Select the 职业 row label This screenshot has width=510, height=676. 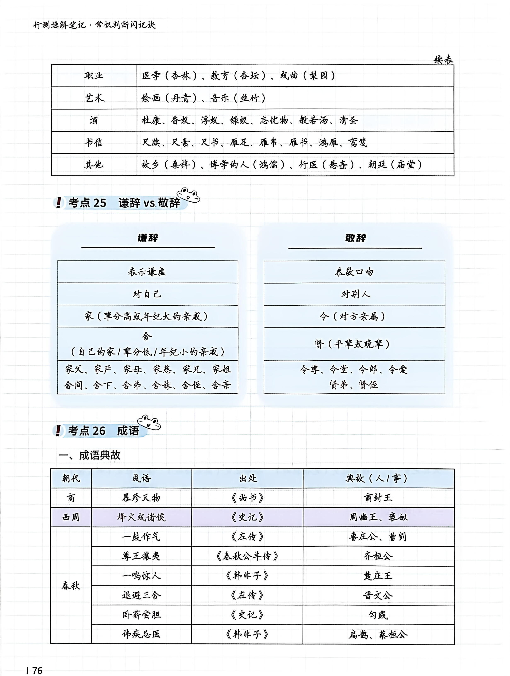(94, 75)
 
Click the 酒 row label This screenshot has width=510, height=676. (94, 120)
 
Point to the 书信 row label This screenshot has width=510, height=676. (94, 142)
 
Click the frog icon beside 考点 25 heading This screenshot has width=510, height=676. (188, 195)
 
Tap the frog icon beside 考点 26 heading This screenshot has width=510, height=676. (149, 422)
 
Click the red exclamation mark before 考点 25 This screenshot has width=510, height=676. (58, 202)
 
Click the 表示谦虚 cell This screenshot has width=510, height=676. (147, 272)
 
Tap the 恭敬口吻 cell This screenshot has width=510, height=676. (354, 272)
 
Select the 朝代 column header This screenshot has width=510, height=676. (71, 478)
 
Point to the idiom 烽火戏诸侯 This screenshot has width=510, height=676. (141, 517)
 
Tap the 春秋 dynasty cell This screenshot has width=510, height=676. (71, 585)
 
